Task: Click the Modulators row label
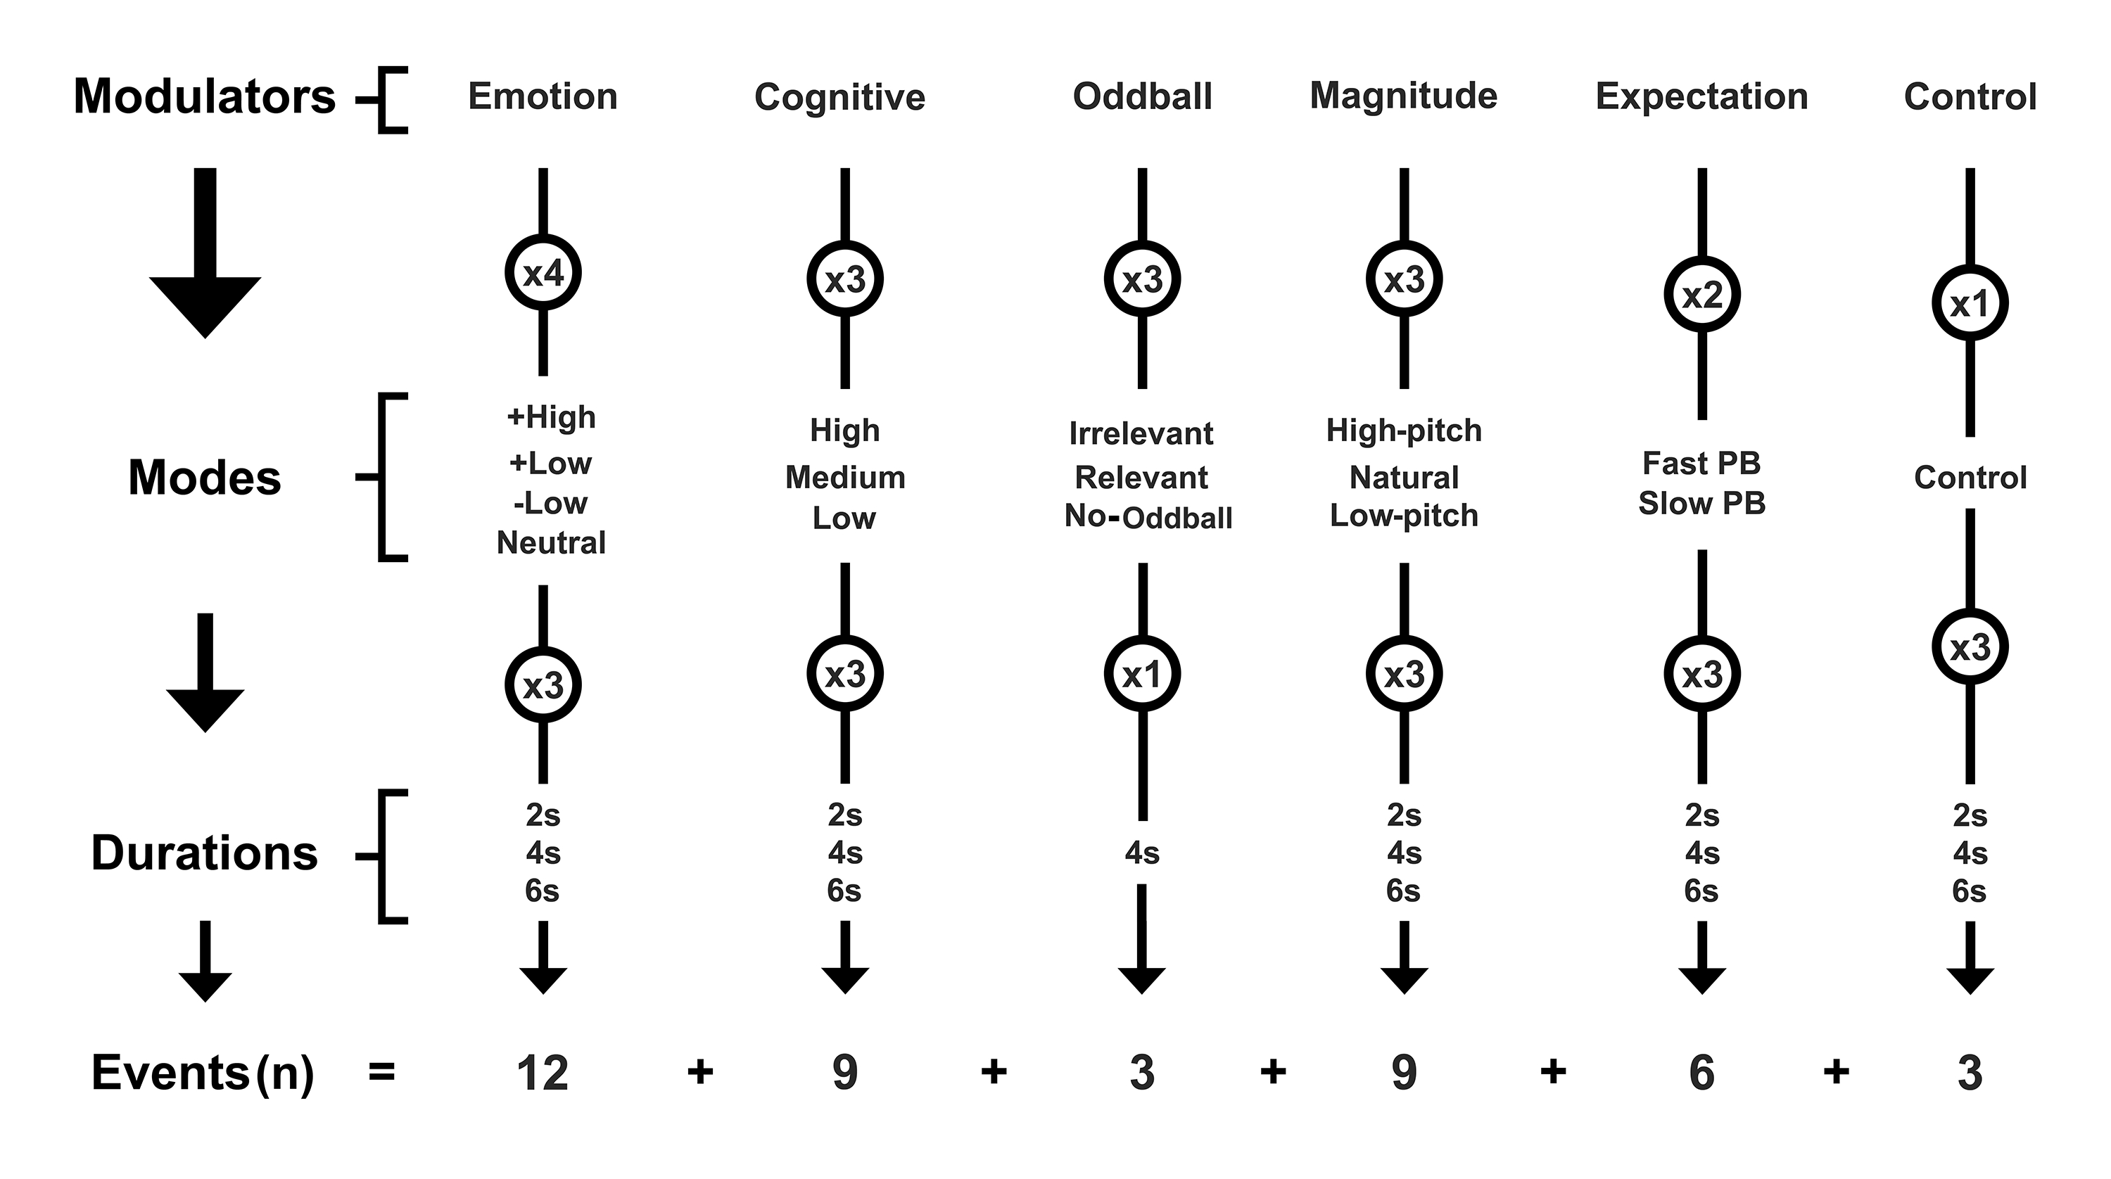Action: (204, 96)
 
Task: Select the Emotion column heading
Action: (543, 96)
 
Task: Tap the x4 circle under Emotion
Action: (543, 274)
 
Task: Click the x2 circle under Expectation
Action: (1702, 295)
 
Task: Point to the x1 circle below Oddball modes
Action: (1141, 675)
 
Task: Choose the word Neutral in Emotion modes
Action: (551, 542)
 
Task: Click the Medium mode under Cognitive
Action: (845, 477)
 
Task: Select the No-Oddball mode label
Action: (1147, 517)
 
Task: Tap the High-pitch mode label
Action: (1404, 430)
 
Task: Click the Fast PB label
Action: (1701, 463)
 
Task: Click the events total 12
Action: (543, 1073)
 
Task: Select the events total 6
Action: (1701, 1073)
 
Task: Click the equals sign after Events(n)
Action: (382, 1071)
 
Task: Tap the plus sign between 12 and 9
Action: (700, 1071)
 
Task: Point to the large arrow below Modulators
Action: (205, 254)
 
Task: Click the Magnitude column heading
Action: (1403, 96)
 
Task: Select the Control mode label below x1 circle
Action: (1970, 477)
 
